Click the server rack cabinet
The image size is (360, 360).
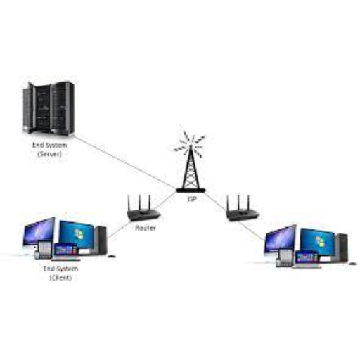[49, 108]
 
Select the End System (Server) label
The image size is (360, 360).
[50, 150]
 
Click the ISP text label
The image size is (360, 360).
[192, 199]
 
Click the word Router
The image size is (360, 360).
[146, 228]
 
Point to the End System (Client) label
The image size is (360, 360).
[60, 273]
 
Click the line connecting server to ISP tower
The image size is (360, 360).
[124, 162]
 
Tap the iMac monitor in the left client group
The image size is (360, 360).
[39, 234]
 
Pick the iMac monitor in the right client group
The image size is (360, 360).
[280, 241]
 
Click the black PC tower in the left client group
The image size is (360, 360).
[101, 240]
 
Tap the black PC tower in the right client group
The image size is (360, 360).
[342, 247]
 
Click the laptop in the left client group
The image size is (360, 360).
[65, 252]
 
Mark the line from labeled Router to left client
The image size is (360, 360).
[118, 230]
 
